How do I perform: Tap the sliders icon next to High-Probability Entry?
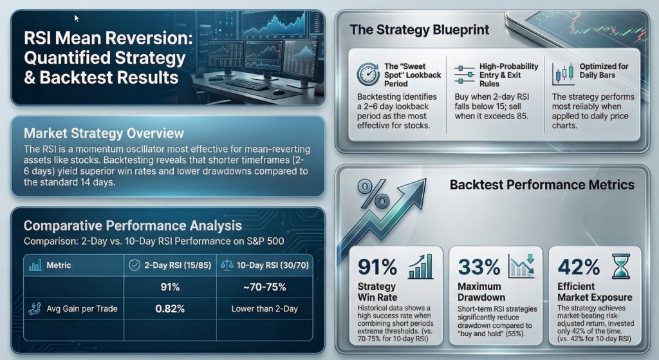pyautogui.click(x=460, y=75)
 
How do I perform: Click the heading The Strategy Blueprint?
pyautogui.click(x=419, y=30)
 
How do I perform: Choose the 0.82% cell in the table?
pyautogui.click(x=170, y=308)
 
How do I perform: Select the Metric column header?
pyautogui.click(x=59, y=265)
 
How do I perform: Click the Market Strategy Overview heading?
pyautogui.click(x=104, y=133)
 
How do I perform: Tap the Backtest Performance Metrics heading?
pyautogui.click(x=542, y=185)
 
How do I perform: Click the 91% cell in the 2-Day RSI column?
pyautogui.click(x=170, y=287)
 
